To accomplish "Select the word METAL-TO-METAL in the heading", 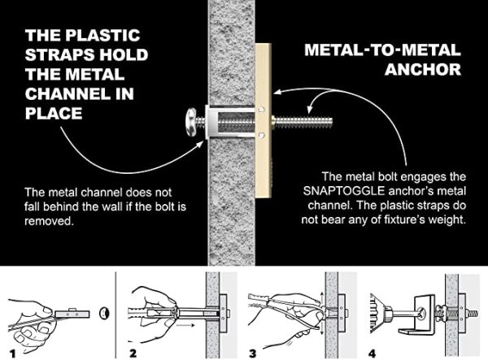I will (x=374, y=50).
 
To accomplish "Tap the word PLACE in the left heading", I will (x=54, y=113).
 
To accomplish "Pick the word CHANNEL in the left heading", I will (x=66, y=93).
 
